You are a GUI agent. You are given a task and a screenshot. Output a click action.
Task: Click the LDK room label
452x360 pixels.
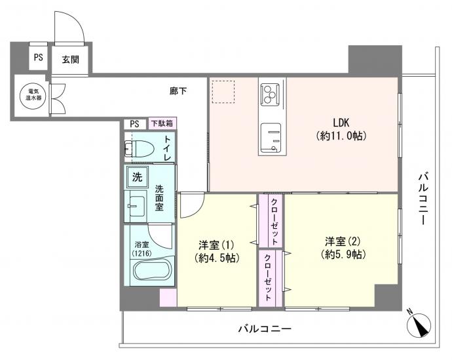341,121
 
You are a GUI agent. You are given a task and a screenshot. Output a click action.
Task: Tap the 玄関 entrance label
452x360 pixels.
71,59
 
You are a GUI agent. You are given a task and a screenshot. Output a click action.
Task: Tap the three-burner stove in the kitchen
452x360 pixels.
269,94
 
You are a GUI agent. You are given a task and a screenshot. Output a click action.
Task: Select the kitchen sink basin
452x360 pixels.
270,139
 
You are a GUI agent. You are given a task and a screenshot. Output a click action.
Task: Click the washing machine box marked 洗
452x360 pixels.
137,176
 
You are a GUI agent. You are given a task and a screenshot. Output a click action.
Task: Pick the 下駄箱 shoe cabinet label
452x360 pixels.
161,123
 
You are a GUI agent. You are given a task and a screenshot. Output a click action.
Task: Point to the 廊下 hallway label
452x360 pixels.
178,90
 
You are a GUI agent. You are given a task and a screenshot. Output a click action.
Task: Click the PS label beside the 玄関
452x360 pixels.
39,58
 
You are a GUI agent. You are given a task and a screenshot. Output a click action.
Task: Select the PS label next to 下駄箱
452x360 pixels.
135,123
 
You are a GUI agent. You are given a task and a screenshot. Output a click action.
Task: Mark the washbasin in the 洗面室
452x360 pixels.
136,207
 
